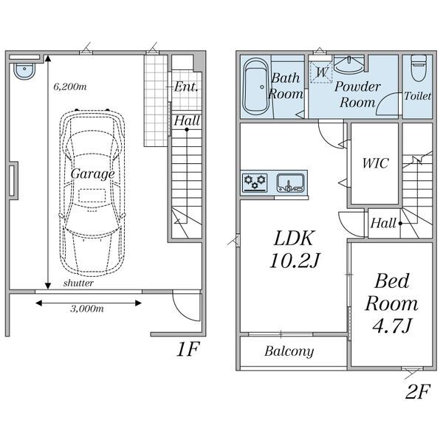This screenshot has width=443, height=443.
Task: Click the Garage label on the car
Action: [93, 174]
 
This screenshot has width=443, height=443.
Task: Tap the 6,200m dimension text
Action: [70, 86]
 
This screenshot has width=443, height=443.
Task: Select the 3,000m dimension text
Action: [87, 309]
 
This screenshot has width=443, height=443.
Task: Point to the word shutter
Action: [78, 283]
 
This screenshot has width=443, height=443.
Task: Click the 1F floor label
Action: [188, 349]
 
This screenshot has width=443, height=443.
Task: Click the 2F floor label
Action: [418, 391]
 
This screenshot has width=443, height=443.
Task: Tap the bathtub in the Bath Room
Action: [256, 86]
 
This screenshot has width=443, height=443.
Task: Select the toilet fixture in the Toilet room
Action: [419, 68]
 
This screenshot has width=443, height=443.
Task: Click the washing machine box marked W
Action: [321, 72]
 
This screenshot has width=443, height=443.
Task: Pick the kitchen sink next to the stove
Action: [291, 183]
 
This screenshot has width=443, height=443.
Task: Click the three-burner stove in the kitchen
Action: [255, 182]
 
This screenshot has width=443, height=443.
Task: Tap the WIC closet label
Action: [376, 163]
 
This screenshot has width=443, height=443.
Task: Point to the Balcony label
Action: [289, 351]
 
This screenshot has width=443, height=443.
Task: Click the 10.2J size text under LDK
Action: [295, 261]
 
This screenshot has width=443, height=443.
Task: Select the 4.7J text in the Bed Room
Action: [393, 326]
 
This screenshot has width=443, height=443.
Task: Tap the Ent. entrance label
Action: [185, 86]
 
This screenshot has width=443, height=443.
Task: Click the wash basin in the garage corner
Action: [24, 71]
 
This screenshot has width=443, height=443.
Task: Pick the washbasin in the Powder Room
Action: [349, 64]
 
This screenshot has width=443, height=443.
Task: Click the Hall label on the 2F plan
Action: [383, 223]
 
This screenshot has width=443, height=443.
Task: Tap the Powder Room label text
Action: [357, 95]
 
